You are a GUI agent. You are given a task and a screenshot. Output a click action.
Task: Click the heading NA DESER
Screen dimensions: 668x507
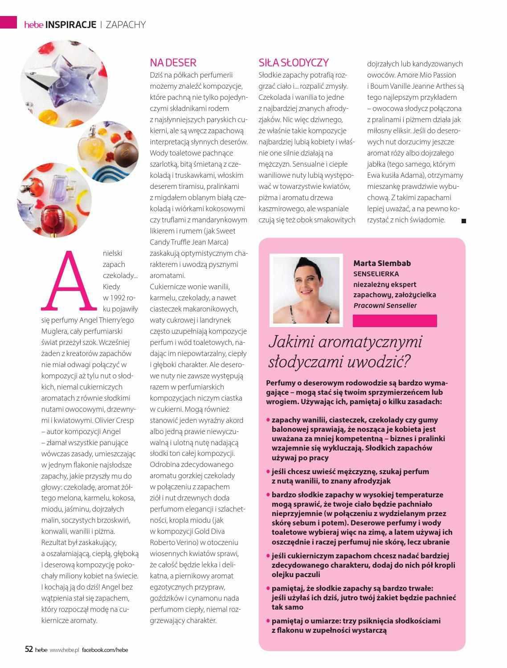coord(173,62)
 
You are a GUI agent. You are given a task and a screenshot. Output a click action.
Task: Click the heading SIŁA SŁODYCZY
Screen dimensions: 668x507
coord(294,62)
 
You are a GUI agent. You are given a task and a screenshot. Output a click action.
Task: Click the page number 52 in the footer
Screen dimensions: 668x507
coord(29,649)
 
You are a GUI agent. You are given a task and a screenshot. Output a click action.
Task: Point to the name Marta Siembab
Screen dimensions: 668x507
coord(382,263)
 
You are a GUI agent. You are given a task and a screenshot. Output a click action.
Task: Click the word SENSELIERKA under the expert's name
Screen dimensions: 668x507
coord(376,274)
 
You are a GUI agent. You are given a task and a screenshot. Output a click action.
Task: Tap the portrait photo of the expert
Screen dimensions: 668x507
coord(306,290)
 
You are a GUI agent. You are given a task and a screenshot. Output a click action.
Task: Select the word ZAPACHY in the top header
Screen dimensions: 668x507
coord(126,25)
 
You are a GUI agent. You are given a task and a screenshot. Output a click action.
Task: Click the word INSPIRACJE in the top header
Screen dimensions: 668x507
coord(71,25)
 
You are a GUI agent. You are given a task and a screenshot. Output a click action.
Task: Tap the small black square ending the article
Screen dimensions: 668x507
coord(463,221)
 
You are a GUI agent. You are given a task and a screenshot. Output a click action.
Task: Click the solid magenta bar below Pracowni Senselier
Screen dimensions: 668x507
coord(394,320)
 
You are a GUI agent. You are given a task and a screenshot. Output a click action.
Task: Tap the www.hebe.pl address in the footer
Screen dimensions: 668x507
coord(64,650)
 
